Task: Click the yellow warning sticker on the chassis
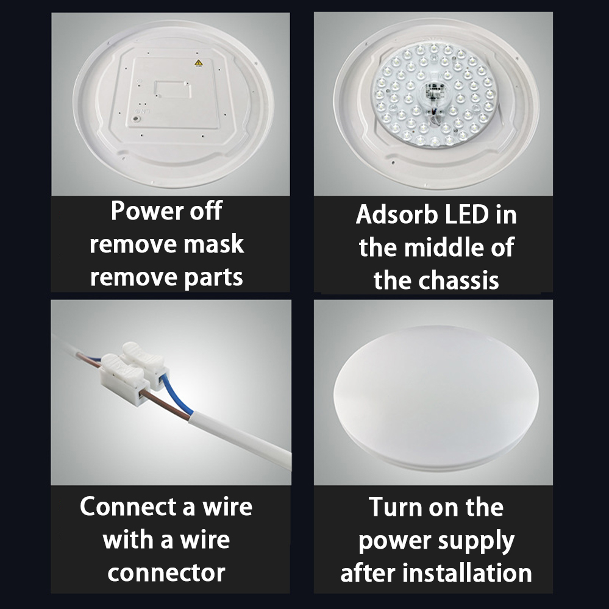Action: coord(199,63)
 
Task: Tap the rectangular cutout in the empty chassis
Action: coord(173,90)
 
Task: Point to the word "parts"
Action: coord(213,278)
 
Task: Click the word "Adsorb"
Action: coord(396,215)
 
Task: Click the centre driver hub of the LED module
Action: coord(433,96)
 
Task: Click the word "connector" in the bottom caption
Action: coord(166,573)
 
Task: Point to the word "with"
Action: coord(128,540)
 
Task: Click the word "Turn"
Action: coord(394,507)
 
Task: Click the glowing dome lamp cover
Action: coord(436,398)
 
